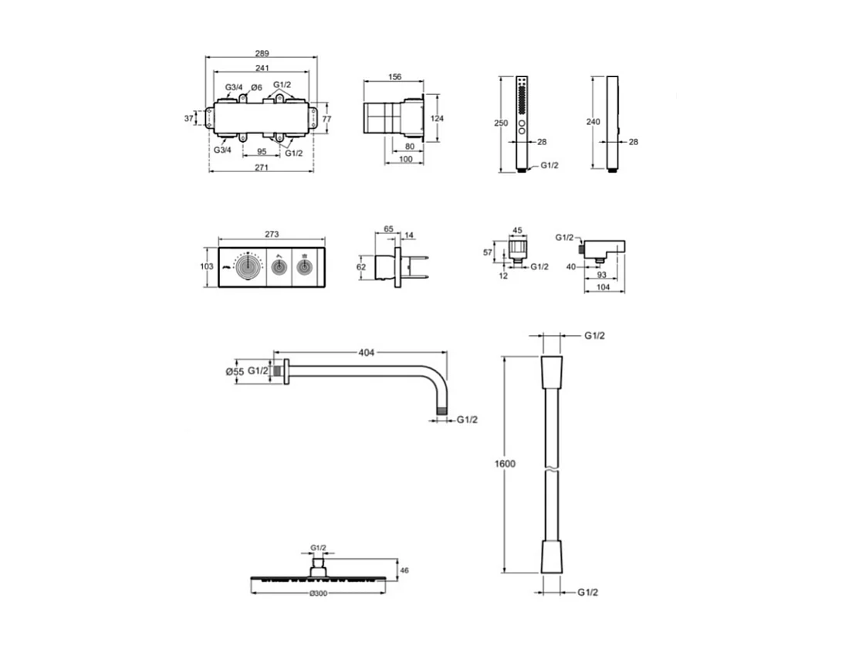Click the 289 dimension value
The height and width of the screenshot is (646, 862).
tap(262, 53)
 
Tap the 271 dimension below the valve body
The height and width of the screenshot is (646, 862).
tap(262, 168)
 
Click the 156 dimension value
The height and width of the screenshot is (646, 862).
tap(394, 76)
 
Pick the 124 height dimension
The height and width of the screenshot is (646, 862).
tap(438, 118)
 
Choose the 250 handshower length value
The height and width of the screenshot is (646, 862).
tap(502, 123)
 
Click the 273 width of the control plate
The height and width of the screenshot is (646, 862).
tap(271, 234)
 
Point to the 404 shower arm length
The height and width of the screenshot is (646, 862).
tap(366, 353)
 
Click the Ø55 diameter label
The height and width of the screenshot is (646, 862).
tap(234, 371)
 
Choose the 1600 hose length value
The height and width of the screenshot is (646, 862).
tap(505, 464)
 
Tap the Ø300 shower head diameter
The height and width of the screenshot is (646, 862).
tap(317, 594)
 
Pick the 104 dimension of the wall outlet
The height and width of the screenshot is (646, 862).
tap(604, 286)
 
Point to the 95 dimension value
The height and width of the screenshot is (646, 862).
tap(261, 151)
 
